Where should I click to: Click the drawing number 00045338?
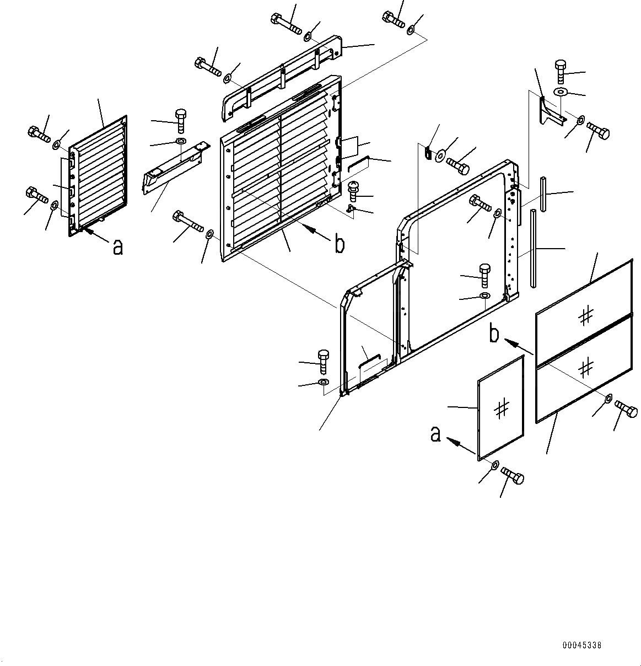[x=582, y=644]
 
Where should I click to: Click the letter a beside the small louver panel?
[x=117, y=247]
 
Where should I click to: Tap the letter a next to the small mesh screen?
[x=435, y=435]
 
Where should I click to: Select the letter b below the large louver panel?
[x=340, y=244]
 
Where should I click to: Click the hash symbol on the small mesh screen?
[x=502, y=409]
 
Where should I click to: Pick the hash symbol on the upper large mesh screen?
[x=586, y=315]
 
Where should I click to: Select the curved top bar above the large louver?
[x=281, y=77]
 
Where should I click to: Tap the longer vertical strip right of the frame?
[x=533, y=248]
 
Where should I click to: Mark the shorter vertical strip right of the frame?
[x=543, y=194]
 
